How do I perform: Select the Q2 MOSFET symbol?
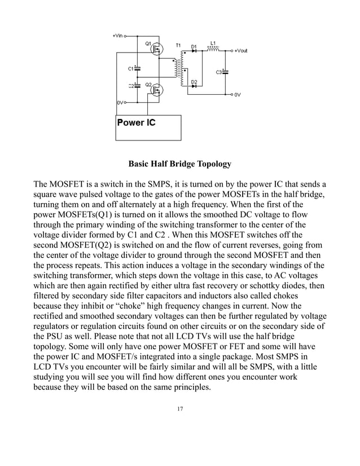(x=156, y=90)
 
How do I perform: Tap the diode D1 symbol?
(x=194, y=51)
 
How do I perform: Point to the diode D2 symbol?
(x=194, y=87)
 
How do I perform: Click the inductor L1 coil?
(x=213, y=50)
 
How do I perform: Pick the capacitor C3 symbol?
(x=225, y=72)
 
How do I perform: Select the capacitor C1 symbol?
(x=137, y=68)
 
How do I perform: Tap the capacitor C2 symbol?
(x=137, y=86)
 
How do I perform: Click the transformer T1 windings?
(x=180, y=69)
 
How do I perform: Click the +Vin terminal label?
(x=117, y=35)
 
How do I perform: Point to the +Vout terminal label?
(x=241, y=51)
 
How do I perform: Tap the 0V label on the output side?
(x=238, y=95)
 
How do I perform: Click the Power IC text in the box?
(x=136, y=122)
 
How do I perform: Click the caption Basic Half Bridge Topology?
(x=180, y=164)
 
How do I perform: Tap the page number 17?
(x=179, y=408)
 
